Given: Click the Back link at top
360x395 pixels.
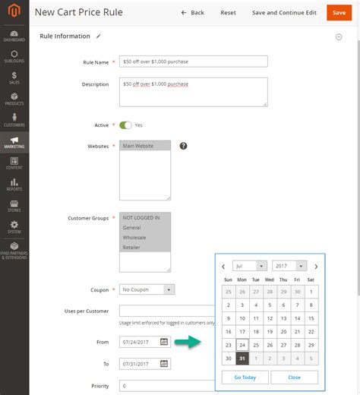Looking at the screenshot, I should (x=193, y=13).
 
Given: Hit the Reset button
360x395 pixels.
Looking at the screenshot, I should (x=228, y=13).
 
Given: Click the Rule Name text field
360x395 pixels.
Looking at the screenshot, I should (x=193, y=62).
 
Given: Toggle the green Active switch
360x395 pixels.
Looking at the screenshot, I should (x=125, y=125).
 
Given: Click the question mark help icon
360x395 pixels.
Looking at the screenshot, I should (x=183, y=146).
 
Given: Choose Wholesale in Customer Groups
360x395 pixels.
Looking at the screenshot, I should (x=144, y=237).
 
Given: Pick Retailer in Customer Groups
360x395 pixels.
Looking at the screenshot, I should (x=144, y=247).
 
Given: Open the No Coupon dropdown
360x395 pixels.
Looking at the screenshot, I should (x=147, y=289).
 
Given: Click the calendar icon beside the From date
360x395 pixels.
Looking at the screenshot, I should (x=164, y=343).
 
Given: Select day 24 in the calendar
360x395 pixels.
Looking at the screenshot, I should (x=242, y=344).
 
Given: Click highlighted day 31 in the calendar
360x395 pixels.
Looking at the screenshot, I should (x=242, y=358).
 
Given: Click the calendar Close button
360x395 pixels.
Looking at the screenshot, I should (x=294, y=378).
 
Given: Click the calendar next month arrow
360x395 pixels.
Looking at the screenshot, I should (x=316, y=267).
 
